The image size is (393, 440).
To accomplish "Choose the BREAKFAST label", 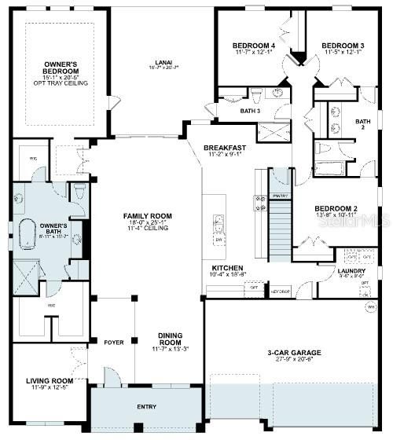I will pyautogui.click(x=225, y=148).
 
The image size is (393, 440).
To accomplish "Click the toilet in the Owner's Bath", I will pyautogui.click(x=79, y=190).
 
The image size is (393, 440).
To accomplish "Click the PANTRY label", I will pyautogui.click(x=280, y=195).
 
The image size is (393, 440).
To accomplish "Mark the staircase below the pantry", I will pyautogui.click(x=280, y=232).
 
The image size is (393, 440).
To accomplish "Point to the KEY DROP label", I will pyautogui.click(x=281, y=289).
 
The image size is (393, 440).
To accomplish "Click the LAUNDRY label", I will pyautogui.click(x=351, y=269).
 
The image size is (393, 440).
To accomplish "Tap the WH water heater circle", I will pyautogui.click(x=370, y=306).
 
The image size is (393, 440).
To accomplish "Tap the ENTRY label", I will pyautogui.click(x=145, y=407).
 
